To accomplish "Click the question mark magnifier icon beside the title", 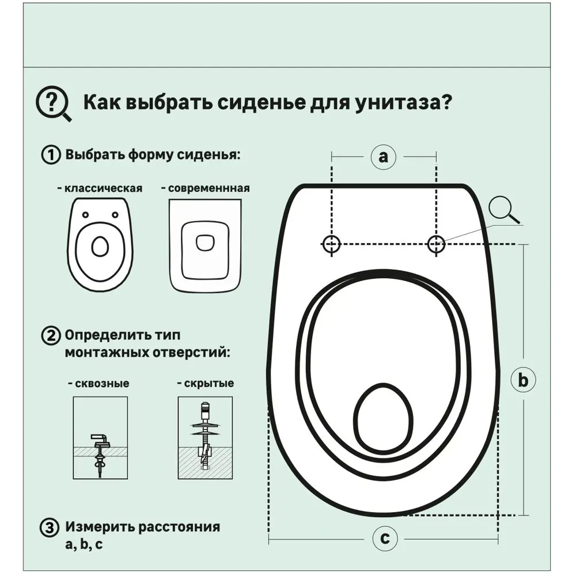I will pyautogui.click(x=53, y=104).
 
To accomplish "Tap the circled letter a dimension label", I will pyautogui.click(x=384, y=156).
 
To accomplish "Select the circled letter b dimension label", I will pyautogui.click(x=523, y=380).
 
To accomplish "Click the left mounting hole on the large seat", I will pyautogui.click(x=331, y=244).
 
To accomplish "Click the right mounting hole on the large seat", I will pyautogui.click(x=436, y=244).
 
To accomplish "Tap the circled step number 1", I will pyautogui.click(x=51, y=156).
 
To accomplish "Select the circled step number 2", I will pyautogui.click(x=51, y=336).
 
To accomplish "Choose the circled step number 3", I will pyautogui.click(x=51, y=528).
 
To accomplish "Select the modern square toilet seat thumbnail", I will pyautogui.click(x=205, y=244).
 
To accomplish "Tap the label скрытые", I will pyautogui.click(x=205, y=384).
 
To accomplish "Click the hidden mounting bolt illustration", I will pyautogui.click(x=205, y=438).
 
